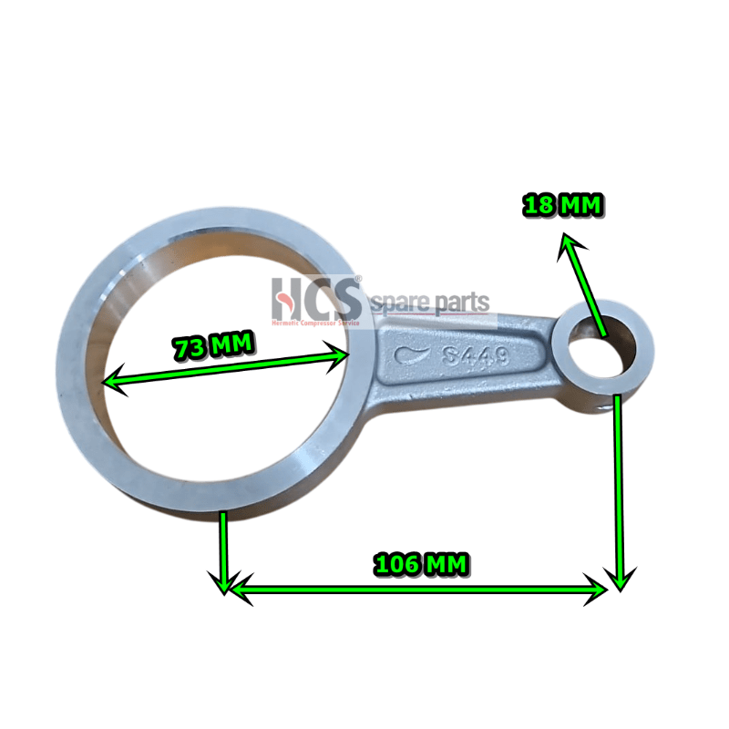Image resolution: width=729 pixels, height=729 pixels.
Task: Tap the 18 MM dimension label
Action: tap(562, 206)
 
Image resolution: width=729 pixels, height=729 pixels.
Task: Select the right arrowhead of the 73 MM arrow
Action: tap(345, 355)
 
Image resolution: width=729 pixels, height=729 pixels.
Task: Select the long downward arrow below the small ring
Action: tap(619, 492)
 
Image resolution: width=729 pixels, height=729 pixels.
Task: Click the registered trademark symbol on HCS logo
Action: tap(358, 280)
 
